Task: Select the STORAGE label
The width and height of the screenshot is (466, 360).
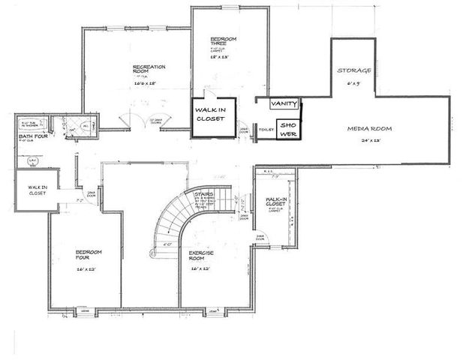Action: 353,70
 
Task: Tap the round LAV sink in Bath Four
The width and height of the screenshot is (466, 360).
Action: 32,160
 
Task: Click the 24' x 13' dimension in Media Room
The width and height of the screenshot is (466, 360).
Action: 371,139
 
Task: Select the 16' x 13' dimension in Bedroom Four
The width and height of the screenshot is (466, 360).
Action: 86,268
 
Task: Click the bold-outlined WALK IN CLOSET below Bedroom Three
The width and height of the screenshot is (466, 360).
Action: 211,117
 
